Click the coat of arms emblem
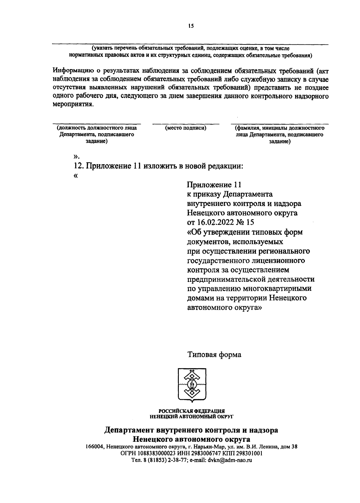click(x=191, y=384)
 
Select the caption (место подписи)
click(x=186, y=128)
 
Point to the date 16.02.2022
click(x=214, y=222)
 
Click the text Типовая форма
click(x=214, y=355)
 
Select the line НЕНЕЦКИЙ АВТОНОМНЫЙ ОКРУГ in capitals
click(x=192, y=417)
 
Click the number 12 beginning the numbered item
click(x=77, y=166)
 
